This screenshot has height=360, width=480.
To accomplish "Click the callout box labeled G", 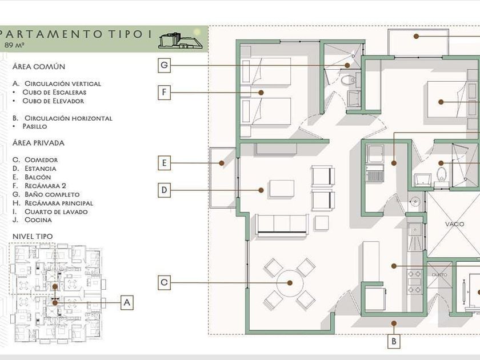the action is pos(164,65).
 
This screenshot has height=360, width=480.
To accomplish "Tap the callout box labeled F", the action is pos(164,92).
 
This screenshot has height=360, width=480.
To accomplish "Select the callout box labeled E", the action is pos(164,163).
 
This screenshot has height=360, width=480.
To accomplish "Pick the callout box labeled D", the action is pos(164,190).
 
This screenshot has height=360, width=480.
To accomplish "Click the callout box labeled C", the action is pos(164,282).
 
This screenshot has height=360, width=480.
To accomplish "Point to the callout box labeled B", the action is pos(394,341).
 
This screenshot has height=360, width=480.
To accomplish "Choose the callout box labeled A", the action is pos(127,302).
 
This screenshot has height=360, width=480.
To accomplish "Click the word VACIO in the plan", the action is pos(455,224).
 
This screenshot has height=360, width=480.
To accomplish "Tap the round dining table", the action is pos(290,283).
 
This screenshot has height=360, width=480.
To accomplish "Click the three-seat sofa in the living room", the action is pos(282,225).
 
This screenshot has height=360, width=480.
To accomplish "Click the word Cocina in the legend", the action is pos(38,220).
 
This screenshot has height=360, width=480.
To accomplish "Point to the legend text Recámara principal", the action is pos(59,203).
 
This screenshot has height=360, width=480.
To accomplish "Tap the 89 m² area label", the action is pos(14,45).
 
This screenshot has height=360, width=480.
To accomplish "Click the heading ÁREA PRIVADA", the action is pos(38,143).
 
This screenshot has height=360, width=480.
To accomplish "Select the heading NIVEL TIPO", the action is pos(33,237).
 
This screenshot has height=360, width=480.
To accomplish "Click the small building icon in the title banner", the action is pos(181,41).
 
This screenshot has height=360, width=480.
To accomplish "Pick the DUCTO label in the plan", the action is pos(439,275).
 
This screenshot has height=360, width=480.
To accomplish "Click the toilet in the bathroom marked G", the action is pos(349,80).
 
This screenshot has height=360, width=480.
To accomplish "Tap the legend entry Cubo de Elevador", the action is pos(53,101).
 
